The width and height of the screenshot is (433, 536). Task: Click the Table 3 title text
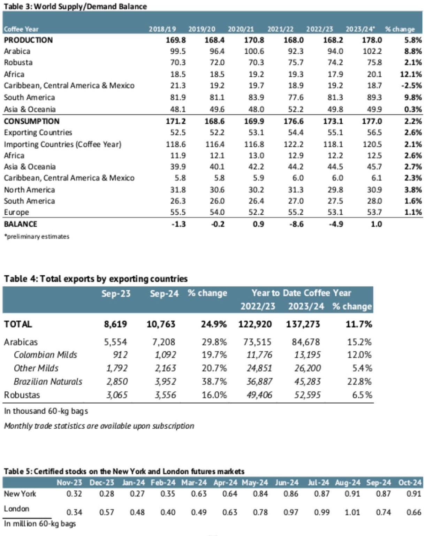[x=75, y=6]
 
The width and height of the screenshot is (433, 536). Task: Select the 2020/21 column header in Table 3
[x=241, y=29]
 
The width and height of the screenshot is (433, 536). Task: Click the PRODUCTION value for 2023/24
[x=372, y=40]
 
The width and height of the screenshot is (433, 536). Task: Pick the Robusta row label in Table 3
[x=18, y=63]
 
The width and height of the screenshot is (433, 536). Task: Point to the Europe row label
[x=16, y=212]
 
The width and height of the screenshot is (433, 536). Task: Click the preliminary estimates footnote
[x=37, y=236]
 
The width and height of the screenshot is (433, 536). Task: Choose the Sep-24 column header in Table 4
[x=164, y=293]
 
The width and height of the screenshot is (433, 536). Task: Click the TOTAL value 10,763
[x=161, y=324]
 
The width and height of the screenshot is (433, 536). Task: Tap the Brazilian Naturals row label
[x=48, y=382]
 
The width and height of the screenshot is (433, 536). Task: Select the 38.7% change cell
[x=214, y=382]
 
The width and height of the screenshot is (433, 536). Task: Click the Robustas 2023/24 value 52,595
[x=307, y=395]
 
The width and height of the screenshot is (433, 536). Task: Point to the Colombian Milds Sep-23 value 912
[x=120, y=355]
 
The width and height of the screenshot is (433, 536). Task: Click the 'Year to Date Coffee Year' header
[x=301, y=293]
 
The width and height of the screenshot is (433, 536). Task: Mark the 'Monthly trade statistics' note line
[x=99, y=426]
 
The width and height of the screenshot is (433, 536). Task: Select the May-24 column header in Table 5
[x=255, y=483]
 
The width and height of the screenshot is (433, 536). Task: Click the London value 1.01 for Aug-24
[x=352, y=512]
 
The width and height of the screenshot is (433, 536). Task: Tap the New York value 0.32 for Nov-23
[x=74, y=494]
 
